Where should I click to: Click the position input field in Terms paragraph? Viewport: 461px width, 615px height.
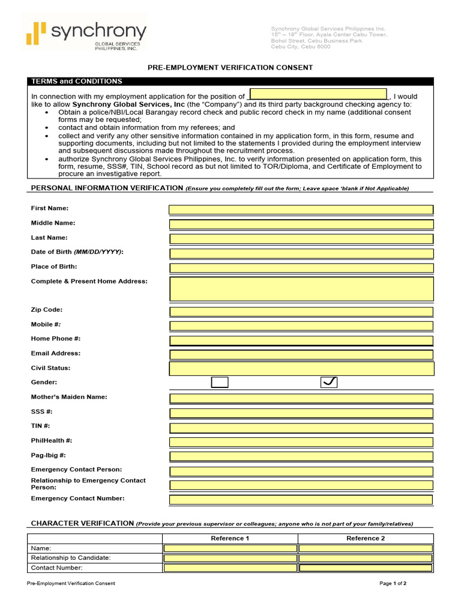[318, 94]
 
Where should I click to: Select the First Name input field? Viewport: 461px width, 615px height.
[301, 210]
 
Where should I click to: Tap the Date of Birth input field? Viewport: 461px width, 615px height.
[301, 253]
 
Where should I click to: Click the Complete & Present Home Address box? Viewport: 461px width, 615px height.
[301, 289]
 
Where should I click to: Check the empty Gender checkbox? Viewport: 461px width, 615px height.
[220, 383]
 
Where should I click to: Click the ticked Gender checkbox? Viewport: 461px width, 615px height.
[330, 383]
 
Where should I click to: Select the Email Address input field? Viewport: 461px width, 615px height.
[301, 355]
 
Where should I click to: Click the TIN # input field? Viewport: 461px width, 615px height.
[301, 428]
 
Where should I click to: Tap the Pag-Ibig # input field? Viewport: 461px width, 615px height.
[301, 457]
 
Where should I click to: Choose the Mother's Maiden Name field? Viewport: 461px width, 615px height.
[301, 399]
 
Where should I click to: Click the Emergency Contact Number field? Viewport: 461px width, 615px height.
[301, 500]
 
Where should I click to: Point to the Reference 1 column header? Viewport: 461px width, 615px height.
[230, 538]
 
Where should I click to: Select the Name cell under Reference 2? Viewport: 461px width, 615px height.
[366, 548]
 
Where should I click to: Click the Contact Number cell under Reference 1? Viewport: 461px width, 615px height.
[230, 568]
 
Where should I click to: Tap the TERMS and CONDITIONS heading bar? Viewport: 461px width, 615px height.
[230, 81]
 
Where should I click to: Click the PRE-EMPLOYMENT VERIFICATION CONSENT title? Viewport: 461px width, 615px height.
[230, 68]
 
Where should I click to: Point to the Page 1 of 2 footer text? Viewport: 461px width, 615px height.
[393, 583]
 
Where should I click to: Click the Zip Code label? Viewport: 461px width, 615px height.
[47, 310]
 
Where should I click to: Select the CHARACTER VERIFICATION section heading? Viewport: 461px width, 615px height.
[82, 523]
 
